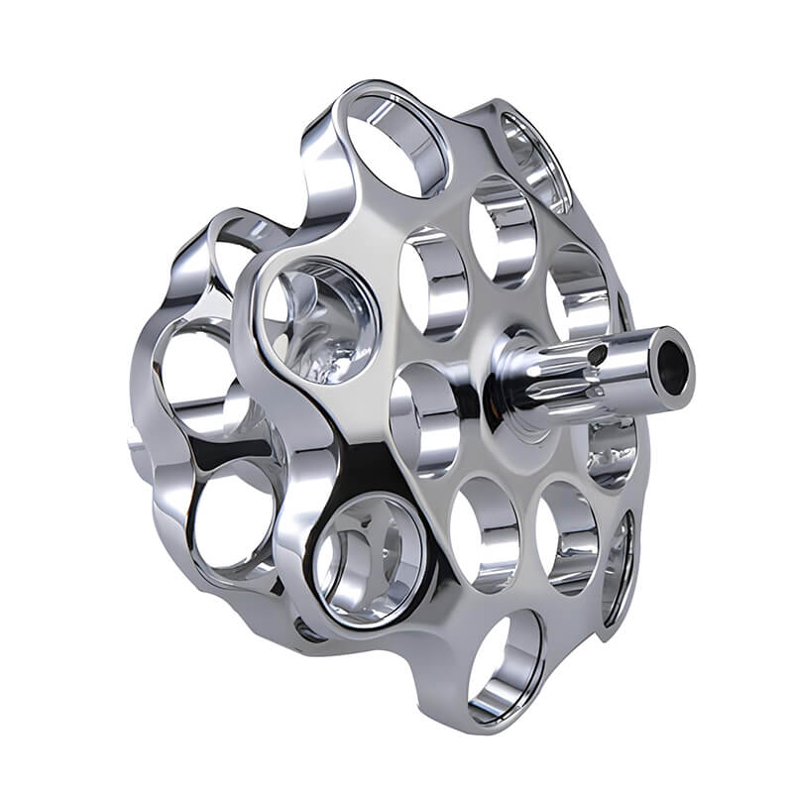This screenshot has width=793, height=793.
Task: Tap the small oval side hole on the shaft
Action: coord(597,354)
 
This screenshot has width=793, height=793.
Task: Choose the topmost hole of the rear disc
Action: coord(233,253)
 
